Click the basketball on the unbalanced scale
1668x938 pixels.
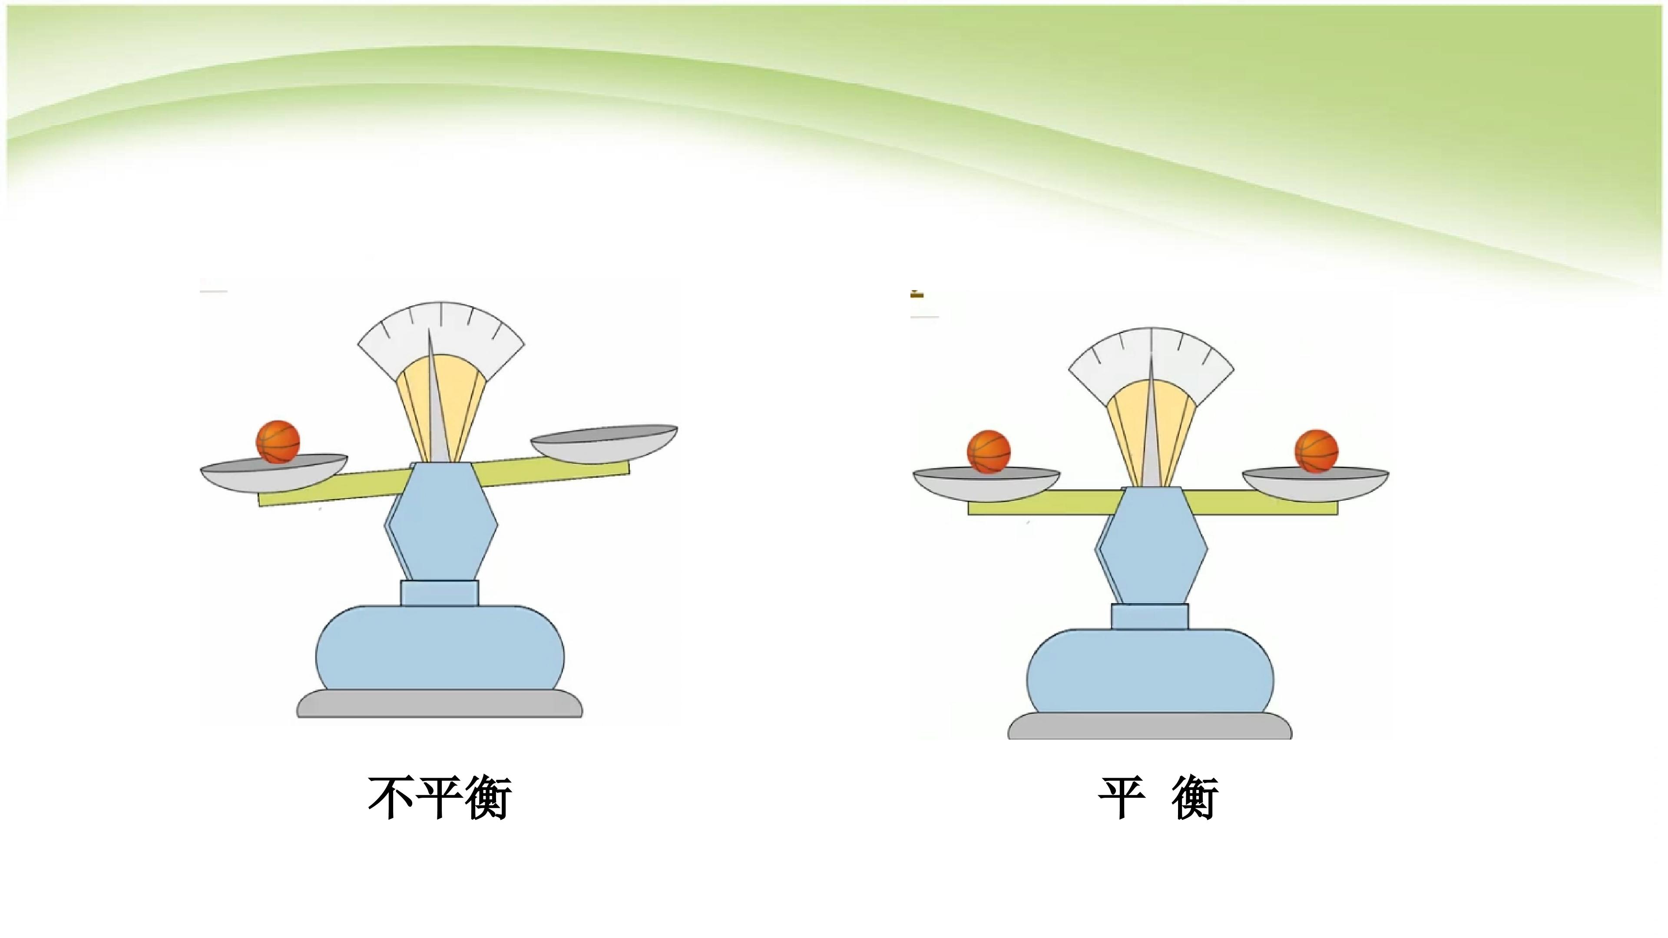pyautogui.click(x=278, y=442)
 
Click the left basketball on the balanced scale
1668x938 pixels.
pyautogui.click(x=989, y=451)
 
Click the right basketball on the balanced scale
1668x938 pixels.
pyautogui.click(x=1317, y=451)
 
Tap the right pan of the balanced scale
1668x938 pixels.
pyautogui.click(x=1315, y=484)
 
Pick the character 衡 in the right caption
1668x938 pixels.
pyautogui.click(x=1195, y=798)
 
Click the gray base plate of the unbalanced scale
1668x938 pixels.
pyautogui.click(x=440, y=703)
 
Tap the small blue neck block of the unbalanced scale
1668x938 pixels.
pyautogui.click(x=440, y=593)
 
